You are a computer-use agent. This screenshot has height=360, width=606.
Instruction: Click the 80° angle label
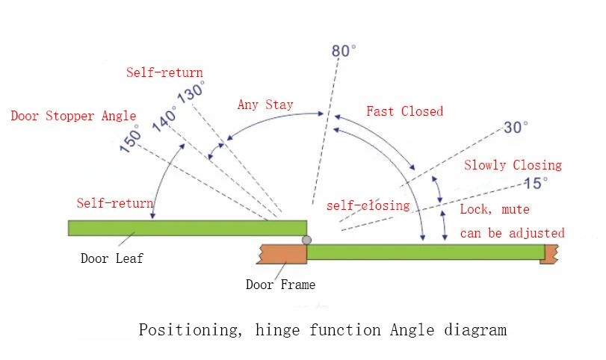344,51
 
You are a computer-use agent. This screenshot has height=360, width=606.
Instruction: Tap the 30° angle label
516,128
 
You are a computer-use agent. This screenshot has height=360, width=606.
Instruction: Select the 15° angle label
536,181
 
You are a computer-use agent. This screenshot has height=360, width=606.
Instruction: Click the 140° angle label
164,119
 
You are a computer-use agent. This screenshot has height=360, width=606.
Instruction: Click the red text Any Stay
265,105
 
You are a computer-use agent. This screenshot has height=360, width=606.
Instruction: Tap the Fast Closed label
404,111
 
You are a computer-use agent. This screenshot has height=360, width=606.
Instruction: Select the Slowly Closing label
513,165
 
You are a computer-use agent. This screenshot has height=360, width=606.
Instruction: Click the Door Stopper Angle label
73,116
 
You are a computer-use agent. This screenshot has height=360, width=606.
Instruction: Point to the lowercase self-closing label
368,205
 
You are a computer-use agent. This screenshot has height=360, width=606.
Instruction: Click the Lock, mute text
494,210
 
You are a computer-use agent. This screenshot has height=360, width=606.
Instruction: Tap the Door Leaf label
112,259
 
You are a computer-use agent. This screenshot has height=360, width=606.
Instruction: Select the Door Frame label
280,284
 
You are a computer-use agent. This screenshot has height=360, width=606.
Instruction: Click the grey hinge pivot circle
306,240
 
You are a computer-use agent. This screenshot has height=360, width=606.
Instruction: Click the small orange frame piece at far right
550,254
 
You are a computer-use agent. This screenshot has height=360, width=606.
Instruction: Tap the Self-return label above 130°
164,72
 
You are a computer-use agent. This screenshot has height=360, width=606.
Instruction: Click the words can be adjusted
512,233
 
